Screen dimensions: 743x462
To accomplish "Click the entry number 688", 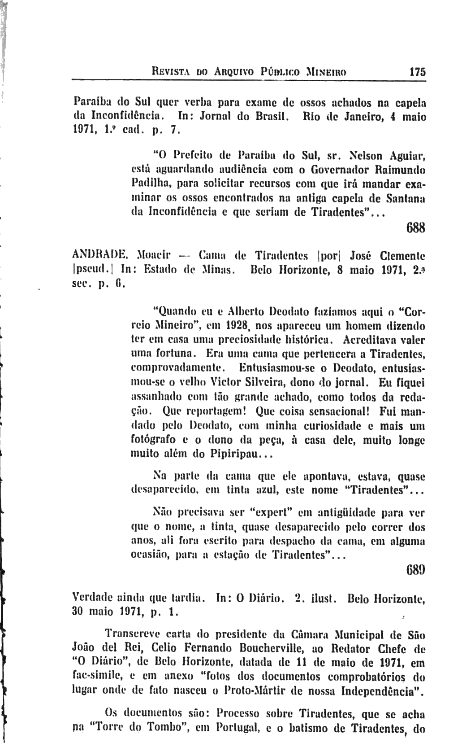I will click(415, 228).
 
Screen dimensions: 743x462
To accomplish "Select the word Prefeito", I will click(186, 157).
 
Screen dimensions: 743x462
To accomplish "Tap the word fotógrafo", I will click(153, 441).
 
